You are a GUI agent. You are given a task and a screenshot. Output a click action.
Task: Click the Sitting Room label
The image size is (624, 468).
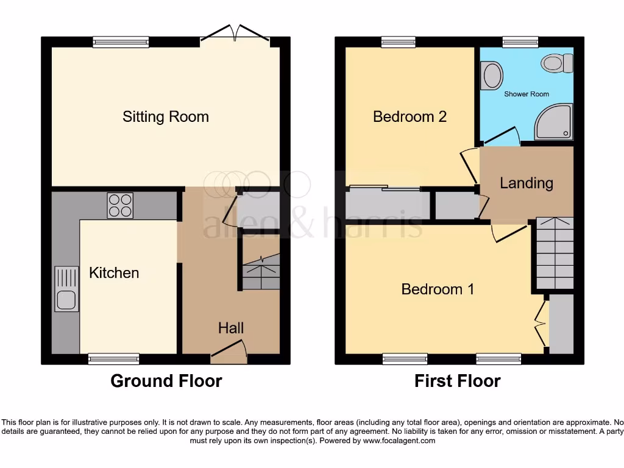tap(166, 117)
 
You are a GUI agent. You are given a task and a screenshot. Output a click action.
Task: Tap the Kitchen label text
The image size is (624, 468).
tap(114, 273)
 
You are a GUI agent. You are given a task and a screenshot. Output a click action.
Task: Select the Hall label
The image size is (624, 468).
tap(231, 328)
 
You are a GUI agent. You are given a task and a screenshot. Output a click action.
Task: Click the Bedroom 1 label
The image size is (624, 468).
tap(438, 289)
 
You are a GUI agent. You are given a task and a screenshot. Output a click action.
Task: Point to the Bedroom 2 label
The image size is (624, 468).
tap(409, 116)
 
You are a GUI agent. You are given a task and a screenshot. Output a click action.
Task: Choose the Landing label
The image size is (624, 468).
tap(526, 183)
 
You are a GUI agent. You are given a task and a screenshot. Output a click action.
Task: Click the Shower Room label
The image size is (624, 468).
tap(526, 94)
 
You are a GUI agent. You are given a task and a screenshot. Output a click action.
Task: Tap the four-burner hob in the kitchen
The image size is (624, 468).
tap(120, 205)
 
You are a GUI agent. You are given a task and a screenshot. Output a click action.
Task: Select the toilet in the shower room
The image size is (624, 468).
tap(558, 63)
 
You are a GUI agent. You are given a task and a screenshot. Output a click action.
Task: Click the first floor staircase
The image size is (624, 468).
tap(555, 253)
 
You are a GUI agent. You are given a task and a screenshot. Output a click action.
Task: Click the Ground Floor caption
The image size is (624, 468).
tap(166, 381)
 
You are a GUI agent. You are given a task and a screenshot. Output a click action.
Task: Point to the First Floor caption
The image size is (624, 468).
tap(457, 381)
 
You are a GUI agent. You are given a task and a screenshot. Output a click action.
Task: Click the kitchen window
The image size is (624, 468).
tap(113, 359)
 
